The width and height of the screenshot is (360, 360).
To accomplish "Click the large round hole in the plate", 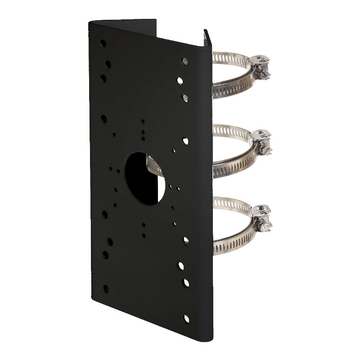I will point(145,178).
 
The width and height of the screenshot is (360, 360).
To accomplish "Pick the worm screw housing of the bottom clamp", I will point(262,217).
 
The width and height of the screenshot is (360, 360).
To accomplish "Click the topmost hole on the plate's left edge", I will point(103,44).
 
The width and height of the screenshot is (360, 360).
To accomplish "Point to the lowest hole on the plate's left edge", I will point(106,288).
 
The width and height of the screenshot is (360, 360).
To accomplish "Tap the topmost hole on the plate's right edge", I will point(184,61).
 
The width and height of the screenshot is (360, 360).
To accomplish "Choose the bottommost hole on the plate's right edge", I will point(186,319).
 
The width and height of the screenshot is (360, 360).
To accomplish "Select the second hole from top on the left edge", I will point(108,64).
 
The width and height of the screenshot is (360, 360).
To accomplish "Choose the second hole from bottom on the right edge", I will point(185,283).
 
